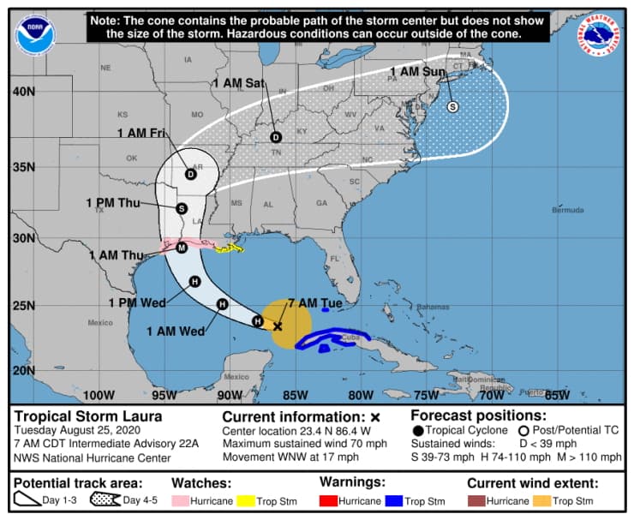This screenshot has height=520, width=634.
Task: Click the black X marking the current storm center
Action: click(278, 326)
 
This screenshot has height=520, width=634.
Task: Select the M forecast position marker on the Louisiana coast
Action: click(182, 248)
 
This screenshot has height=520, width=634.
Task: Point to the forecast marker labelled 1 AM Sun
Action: click(452, 106)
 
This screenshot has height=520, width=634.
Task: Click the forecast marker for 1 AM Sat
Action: click(276, 137)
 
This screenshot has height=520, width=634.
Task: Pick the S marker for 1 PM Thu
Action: click(182, 208)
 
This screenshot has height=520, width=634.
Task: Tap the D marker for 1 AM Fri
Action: click(190, 175)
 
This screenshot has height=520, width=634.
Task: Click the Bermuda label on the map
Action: click(567, 210)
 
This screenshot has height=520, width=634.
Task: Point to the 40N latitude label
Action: click(23, 91)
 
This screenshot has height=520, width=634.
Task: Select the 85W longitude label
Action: click(295, 395)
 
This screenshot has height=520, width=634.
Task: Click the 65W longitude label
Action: click(557, 395)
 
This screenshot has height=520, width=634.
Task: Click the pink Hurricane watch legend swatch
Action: click(185, 500)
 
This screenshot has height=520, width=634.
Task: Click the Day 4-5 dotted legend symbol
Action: click(105, 500)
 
